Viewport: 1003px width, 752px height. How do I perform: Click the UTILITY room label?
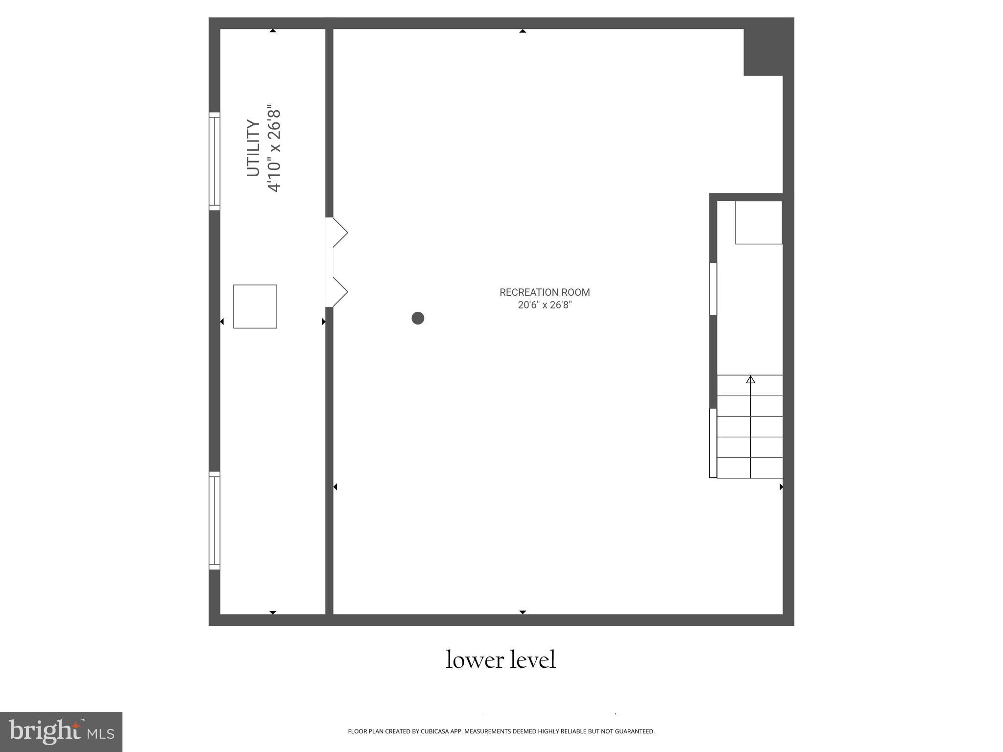point(253,148)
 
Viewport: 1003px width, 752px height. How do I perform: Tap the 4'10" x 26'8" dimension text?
point(274,148)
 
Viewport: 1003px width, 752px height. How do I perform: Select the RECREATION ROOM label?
point(545,292)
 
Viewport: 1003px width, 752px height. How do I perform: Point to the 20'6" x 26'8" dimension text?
point(545,305)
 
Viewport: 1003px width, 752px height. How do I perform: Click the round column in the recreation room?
point(418,318)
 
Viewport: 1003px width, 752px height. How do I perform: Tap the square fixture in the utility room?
point(255,306)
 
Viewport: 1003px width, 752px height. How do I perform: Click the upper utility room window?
point(215,161)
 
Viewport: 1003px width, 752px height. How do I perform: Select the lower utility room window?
point(215,520)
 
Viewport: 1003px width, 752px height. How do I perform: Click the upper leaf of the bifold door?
point(340,233)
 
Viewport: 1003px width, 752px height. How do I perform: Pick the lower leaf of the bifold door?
point(340,292)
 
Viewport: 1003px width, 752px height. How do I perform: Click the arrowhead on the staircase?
point(750,379)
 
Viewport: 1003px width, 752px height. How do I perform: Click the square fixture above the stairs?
point(758,222)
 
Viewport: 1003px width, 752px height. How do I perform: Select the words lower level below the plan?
point(501,659)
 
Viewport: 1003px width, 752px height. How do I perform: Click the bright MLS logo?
point(61,731)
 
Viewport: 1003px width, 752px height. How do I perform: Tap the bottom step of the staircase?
point(749,468)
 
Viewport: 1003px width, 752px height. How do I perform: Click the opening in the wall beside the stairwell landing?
point(713,289)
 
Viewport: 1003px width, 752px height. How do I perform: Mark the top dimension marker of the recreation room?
point(523,31)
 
